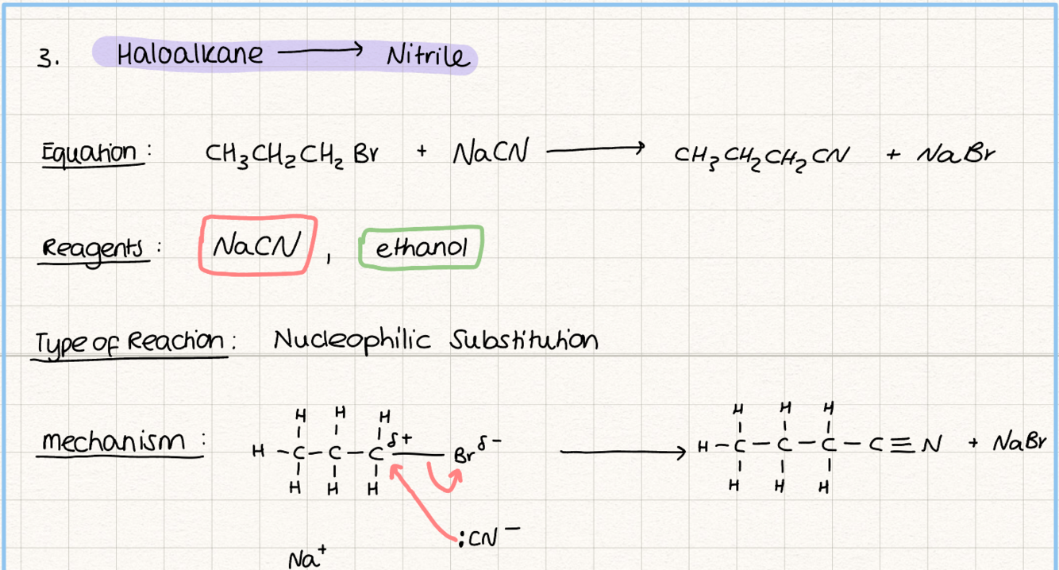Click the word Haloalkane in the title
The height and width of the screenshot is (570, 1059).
coord(190,53)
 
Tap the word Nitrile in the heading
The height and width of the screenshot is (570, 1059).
coord(429,56)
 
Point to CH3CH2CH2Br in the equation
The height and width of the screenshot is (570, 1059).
coord(291,155)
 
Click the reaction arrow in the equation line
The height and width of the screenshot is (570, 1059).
coord(595,149)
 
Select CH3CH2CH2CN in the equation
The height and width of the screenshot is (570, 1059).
coord(761,158)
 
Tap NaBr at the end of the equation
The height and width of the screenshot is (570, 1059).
coord(956,154)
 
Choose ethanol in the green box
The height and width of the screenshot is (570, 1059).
coord(422,247)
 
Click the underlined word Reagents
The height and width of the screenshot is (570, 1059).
coord(93,249)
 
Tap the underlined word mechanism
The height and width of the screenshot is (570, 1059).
coord(114,441)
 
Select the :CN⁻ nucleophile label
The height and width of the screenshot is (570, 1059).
coord(488,537)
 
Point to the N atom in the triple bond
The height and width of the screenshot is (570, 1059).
coord(930,445)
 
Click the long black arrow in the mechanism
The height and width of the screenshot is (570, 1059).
coord(622,453)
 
